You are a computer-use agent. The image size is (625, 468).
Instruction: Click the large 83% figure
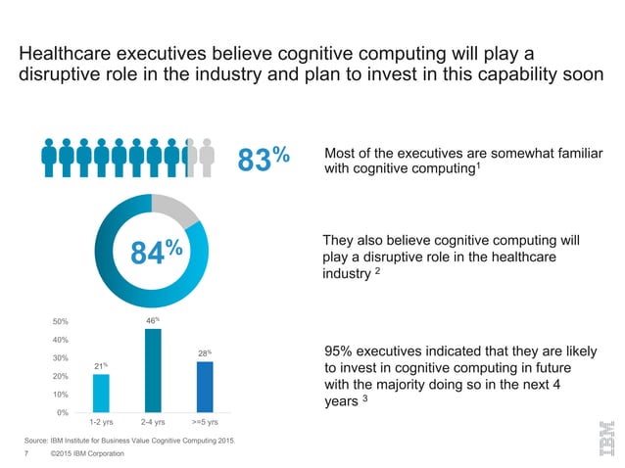point(264,159)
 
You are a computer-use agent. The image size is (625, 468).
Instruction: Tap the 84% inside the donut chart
point(155,254)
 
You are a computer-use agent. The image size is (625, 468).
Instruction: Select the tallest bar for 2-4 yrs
point(153,370)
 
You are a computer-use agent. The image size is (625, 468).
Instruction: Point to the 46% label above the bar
point(153,319)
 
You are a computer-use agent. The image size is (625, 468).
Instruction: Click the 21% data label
point(101,365)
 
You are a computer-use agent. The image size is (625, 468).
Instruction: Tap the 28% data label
point(204,352)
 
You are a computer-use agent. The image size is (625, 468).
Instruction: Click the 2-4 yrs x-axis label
point(153,422)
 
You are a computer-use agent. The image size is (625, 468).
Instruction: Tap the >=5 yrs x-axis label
point(204,422)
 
